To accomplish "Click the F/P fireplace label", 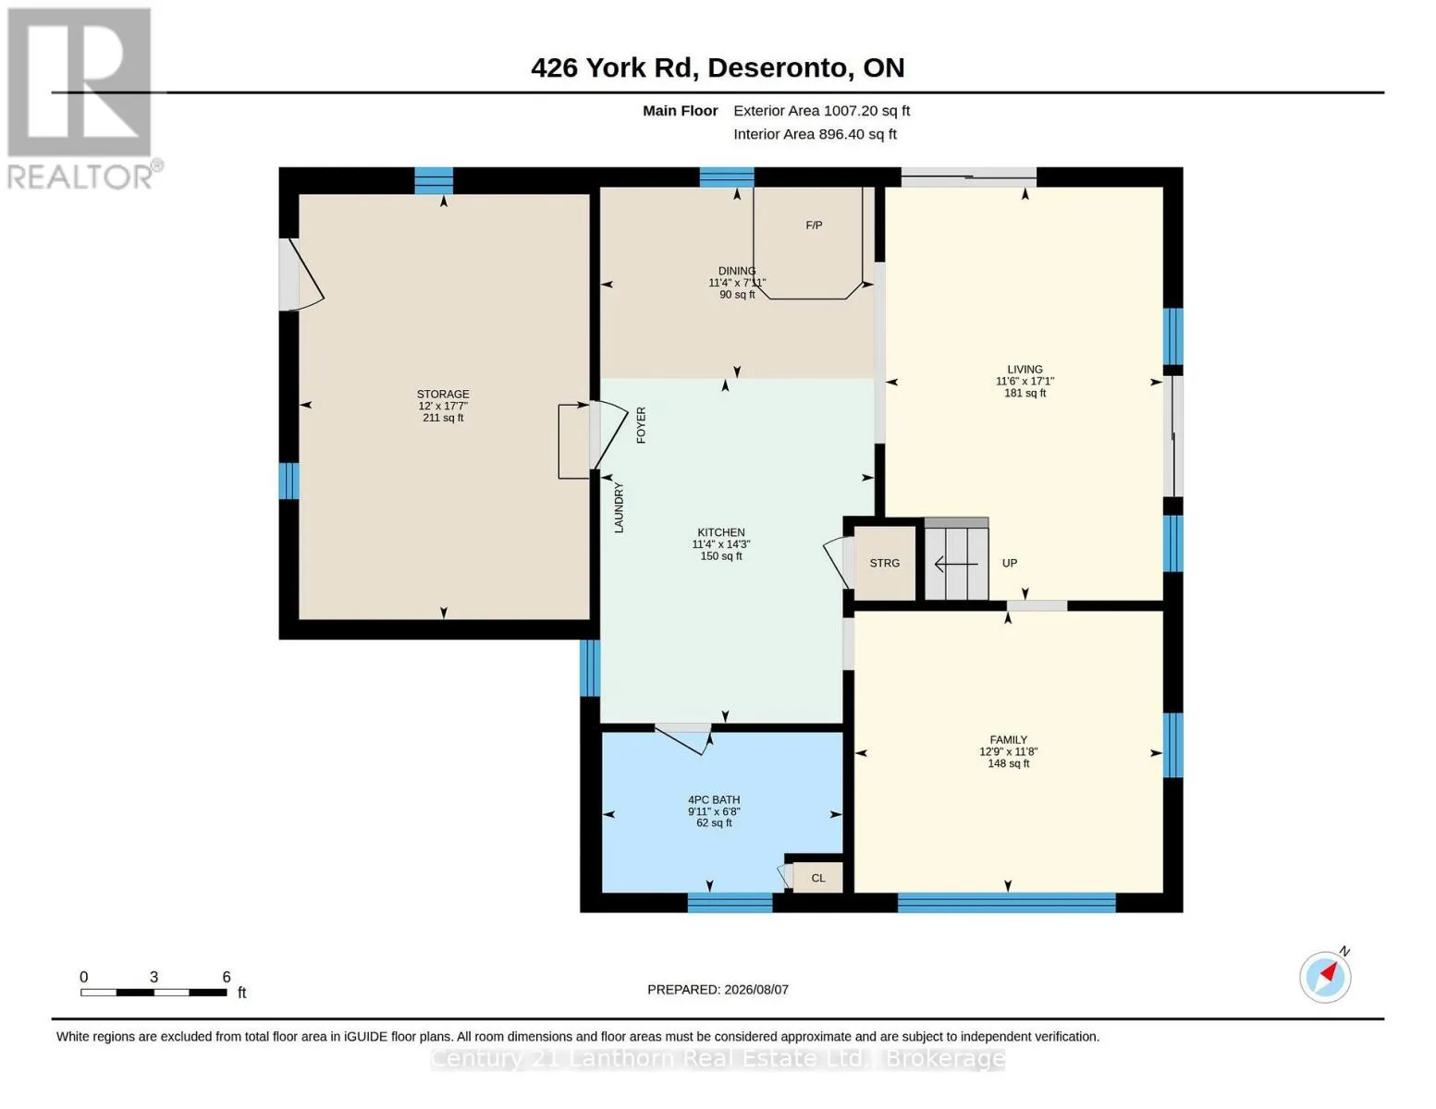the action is point(814,225).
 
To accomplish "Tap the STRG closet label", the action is point(884,563).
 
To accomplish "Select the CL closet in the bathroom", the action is point(818,878).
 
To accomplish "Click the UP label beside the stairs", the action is point(1009,563).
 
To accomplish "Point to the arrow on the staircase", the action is point(955,564).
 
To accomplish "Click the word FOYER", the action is point(641,425).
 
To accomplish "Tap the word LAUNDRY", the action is point(619,507).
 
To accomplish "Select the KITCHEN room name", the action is point(721,532).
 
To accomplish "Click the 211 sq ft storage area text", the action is point(443,418).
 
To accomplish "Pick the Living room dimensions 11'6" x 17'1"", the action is point(1025,381).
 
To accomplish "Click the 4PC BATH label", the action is point(714,799).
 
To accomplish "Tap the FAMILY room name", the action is point(1009,739).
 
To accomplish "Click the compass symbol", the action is point(1325,977).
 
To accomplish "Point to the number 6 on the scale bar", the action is point(226,977).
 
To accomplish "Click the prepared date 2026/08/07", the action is point(756,990).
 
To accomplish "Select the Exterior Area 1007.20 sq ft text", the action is point(821,111).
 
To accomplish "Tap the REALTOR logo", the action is point(82,99).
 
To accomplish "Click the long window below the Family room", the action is point(1006,903).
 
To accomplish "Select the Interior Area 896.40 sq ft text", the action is point(815,134).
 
